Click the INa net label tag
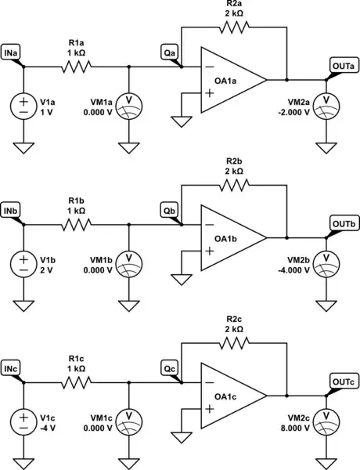coord(13,51)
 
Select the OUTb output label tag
coord(342,223)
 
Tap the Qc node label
coord(170,367)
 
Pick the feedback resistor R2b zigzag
coord(235,186)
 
